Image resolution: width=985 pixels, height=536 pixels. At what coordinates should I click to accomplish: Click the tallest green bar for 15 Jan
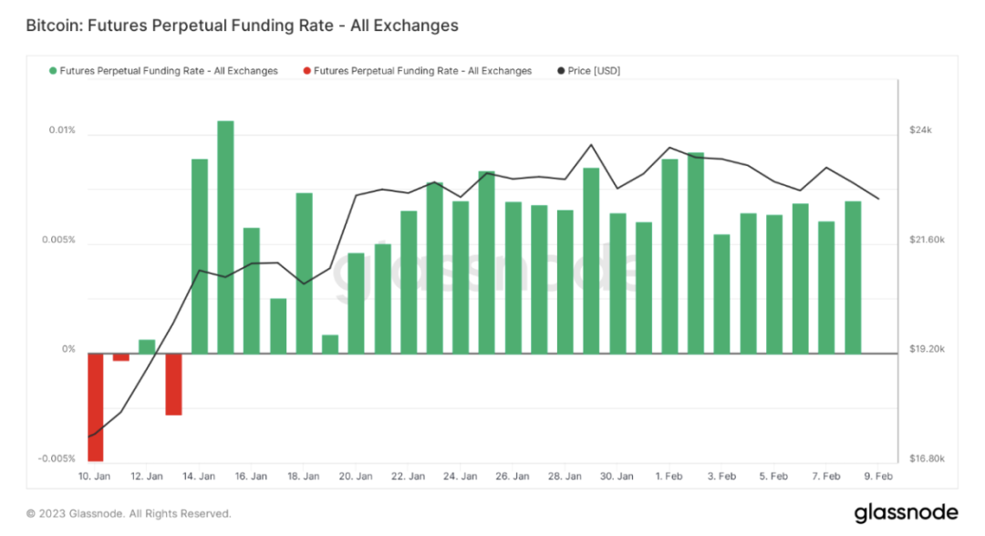pyautogui.click(x=225, y=237)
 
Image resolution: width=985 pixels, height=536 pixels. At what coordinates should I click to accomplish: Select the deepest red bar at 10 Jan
pyautogui.click(x=95, y=407)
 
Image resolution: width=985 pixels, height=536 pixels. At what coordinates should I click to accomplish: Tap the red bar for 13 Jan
pyautogui.click(x=173, y=384)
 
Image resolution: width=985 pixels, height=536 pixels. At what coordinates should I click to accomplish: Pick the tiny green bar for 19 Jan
pyautogui.click(x=330, y=345)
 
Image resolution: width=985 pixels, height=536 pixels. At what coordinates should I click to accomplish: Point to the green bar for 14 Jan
pyautogui.click(x=199, y=256)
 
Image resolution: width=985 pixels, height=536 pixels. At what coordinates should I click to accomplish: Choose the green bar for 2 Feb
pyautogui.click(x=696, y=253)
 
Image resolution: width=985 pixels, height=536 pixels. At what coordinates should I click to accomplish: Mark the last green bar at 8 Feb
pyautogui.click(x=853, y=277)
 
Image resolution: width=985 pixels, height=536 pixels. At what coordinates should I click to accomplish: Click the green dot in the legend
pyautogui.click(x=53, y=71)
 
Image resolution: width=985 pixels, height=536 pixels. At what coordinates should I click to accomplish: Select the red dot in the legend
pyautogui.click(x=306, y=71)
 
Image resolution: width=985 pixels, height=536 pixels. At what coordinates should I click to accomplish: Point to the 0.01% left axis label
pyautogui.click(x=62, y=130)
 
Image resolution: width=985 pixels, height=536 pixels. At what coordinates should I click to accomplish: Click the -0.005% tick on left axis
pyautogui.click(x=57, y=459)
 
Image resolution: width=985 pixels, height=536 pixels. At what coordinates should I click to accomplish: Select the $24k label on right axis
pyautogui.click(x=920, y=130)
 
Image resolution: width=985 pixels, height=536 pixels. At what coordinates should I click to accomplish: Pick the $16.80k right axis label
pyautogui.click(x=928, y=459)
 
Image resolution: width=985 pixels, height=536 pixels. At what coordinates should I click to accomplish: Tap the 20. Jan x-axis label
pyautogui.click(x=357, y=477)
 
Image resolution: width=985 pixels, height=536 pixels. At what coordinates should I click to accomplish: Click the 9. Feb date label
pyautogui.click(x=878, y=477)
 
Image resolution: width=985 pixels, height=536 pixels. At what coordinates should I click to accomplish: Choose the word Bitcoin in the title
pyautogui.click(x=53, y=26)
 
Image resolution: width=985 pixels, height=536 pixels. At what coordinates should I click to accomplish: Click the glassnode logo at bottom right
pyautogui.click(x=906, y=512)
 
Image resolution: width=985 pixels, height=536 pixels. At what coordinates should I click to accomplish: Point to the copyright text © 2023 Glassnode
pyautogui.click(x=129, y=513)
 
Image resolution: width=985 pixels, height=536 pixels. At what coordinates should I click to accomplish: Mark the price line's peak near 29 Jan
pyautogui.click(x=591, y=145)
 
